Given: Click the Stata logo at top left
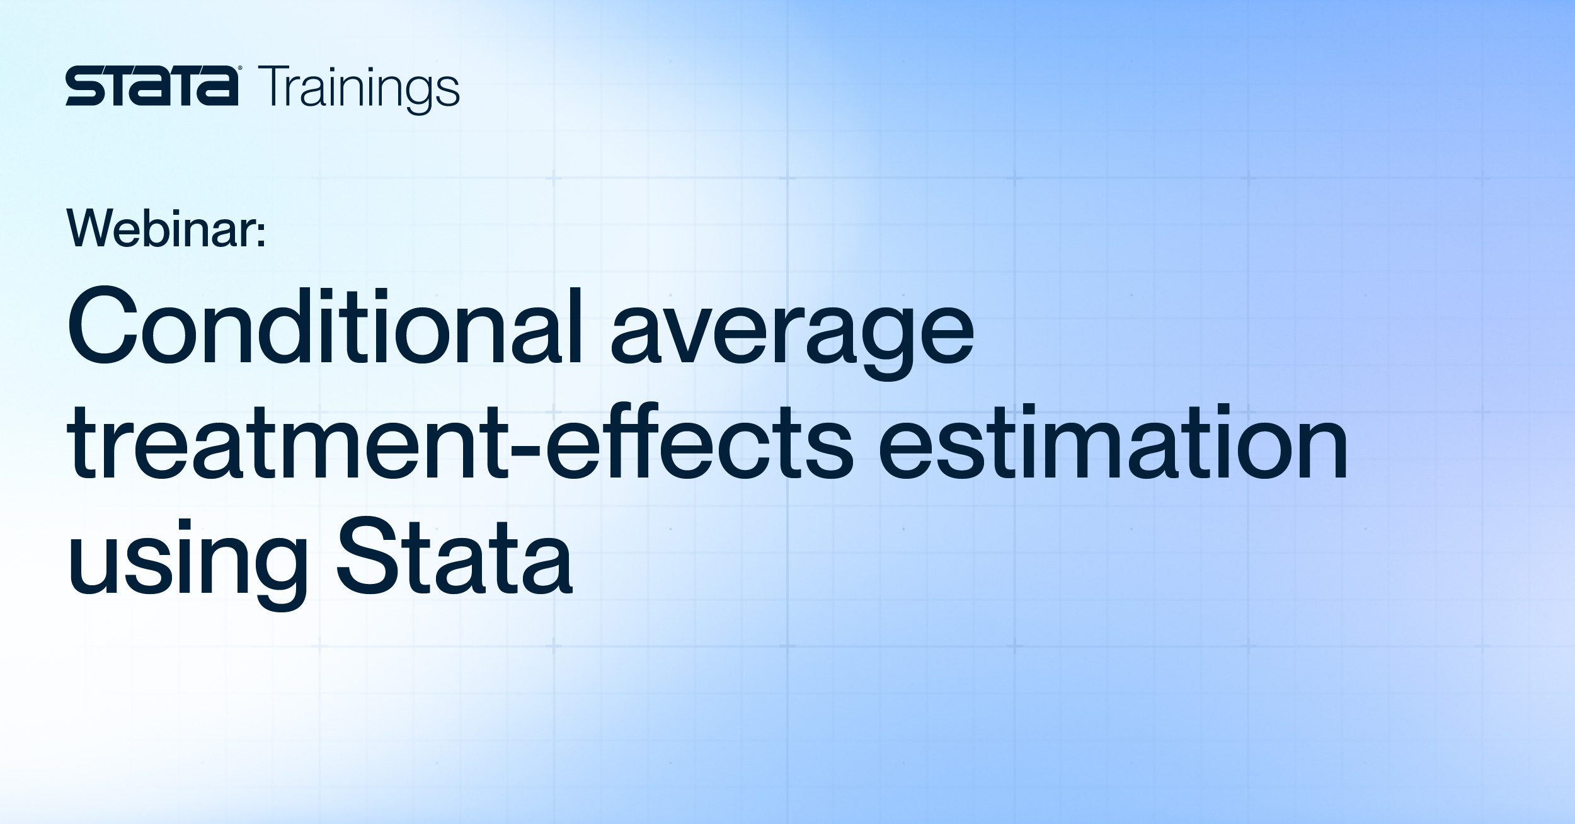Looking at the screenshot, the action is [152, 88].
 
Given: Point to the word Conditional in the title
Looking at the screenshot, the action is [324, 326].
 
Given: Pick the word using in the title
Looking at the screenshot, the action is [188, 561].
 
